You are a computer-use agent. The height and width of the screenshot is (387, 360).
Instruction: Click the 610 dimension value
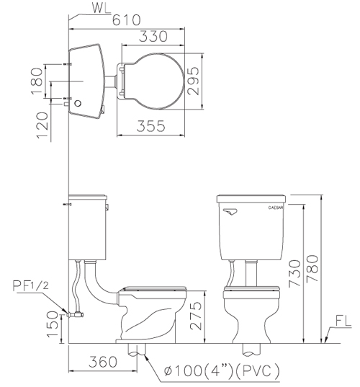[126, 20]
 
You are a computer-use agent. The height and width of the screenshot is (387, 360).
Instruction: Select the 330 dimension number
[153, 36]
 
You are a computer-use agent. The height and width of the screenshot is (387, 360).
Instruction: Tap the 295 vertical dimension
[193, 81]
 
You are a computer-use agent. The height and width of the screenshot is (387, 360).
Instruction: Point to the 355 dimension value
[150, 126]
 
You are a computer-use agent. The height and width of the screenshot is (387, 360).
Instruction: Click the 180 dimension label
[37, 81]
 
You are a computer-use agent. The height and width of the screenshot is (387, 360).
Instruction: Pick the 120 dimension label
[42, 125]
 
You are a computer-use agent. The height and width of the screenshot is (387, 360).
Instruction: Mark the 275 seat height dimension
[196, 316]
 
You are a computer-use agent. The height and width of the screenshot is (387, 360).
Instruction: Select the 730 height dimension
[294, 273]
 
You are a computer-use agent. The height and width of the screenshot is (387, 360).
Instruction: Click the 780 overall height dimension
[312, 269]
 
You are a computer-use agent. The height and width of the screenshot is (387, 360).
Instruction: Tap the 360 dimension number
[103, 362]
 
